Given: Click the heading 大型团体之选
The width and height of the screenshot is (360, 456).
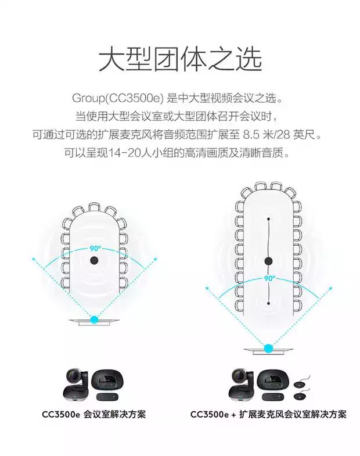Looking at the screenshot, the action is [x=180, y=60].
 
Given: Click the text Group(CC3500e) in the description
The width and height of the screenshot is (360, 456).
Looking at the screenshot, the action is [x=118, y=98].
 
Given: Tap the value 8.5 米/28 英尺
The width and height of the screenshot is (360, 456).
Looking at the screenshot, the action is [x=279, y=135].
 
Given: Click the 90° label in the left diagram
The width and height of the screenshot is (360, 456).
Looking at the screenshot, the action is [x=95, y=249].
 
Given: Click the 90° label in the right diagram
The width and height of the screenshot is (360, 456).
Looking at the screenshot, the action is [x=269, y=278].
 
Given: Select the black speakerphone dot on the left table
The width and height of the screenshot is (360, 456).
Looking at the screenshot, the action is [x=94, y=260].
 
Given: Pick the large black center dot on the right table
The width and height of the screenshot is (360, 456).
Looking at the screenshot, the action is [x=268, y=261].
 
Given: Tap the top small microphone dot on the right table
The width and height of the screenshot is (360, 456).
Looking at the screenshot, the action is [x=268, y=218].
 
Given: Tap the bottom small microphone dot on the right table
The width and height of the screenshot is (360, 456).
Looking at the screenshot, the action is [x=268, y=303].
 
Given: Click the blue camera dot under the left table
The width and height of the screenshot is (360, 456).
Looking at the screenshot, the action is [x=94, y=320].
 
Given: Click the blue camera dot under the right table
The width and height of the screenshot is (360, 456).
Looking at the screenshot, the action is [x=268, y=348].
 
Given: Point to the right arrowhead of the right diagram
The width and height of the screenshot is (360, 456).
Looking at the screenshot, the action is [x=330, y=289].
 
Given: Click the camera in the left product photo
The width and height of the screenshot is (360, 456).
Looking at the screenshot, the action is [x=75, y=386].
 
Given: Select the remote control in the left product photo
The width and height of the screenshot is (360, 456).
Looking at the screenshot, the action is [x=107, y=397].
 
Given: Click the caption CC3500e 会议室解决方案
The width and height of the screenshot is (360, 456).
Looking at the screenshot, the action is [x=93, y=414].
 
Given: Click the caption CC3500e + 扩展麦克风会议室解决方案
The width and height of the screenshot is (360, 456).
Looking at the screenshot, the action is [x=268, y=414].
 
